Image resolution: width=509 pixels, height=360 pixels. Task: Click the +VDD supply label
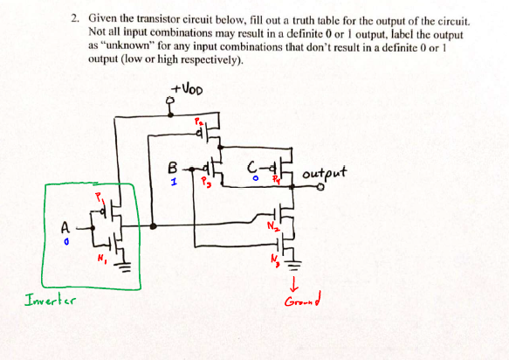pyautogui.click(x=189, y=89)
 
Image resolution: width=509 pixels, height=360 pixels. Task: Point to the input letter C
pyautogui.click(x=253, y=166)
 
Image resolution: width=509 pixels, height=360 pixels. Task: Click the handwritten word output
pyautogui.click(x=325, y=173)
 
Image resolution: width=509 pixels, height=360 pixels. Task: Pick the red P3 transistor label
pyautogui.click(x=205, y=183)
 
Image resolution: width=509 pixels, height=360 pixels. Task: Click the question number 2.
pyautogui.click(x=76, y=17)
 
